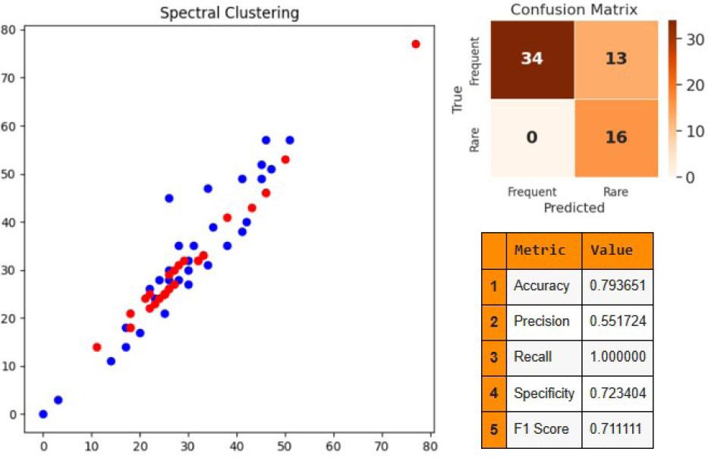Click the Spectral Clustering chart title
coord(229,14)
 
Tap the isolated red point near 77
coord(415,44)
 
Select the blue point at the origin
coord(43,414)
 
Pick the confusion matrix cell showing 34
coord(532,59)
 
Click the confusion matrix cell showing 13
coord(615,59)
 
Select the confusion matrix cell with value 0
coord(532,139)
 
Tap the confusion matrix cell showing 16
coord(615,139)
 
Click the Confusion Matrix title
coord(574,10)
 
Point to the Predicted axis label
coord(574,207)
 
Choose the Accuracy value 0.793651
coord(617,286)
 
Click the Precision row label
coord(542,322)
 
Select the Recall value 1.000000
coord(617,357)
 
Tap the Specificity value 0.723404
coord(617,394)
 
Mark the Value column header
coord(612,250)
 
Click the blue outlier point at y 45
coord(169,198)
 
